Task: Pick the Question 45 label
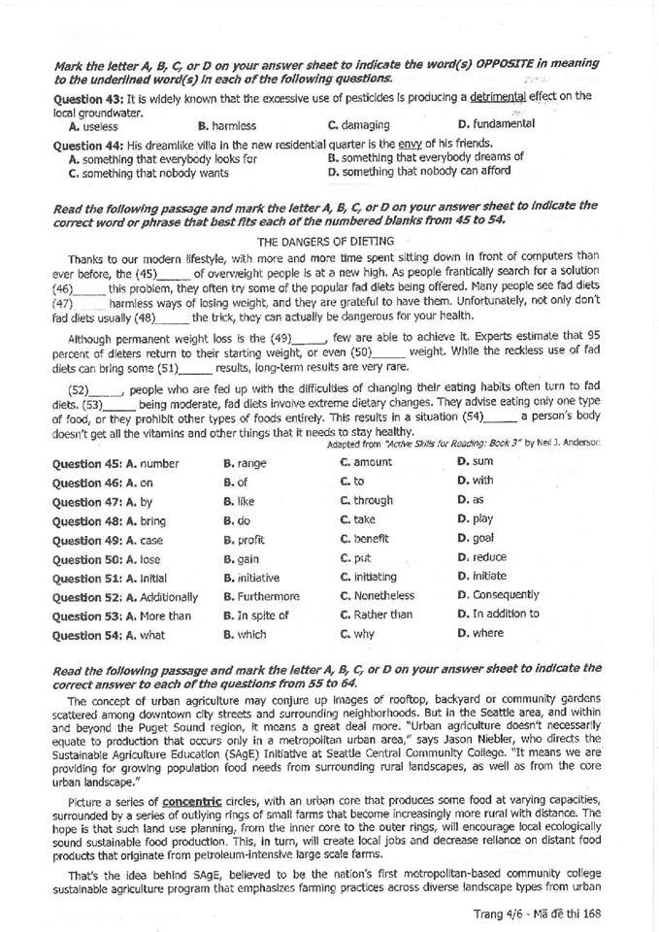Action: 85,464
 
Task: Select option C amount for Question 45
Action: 366,463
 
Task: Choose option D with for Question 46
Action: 475,481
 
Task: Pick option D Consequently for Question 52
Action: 498,595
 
